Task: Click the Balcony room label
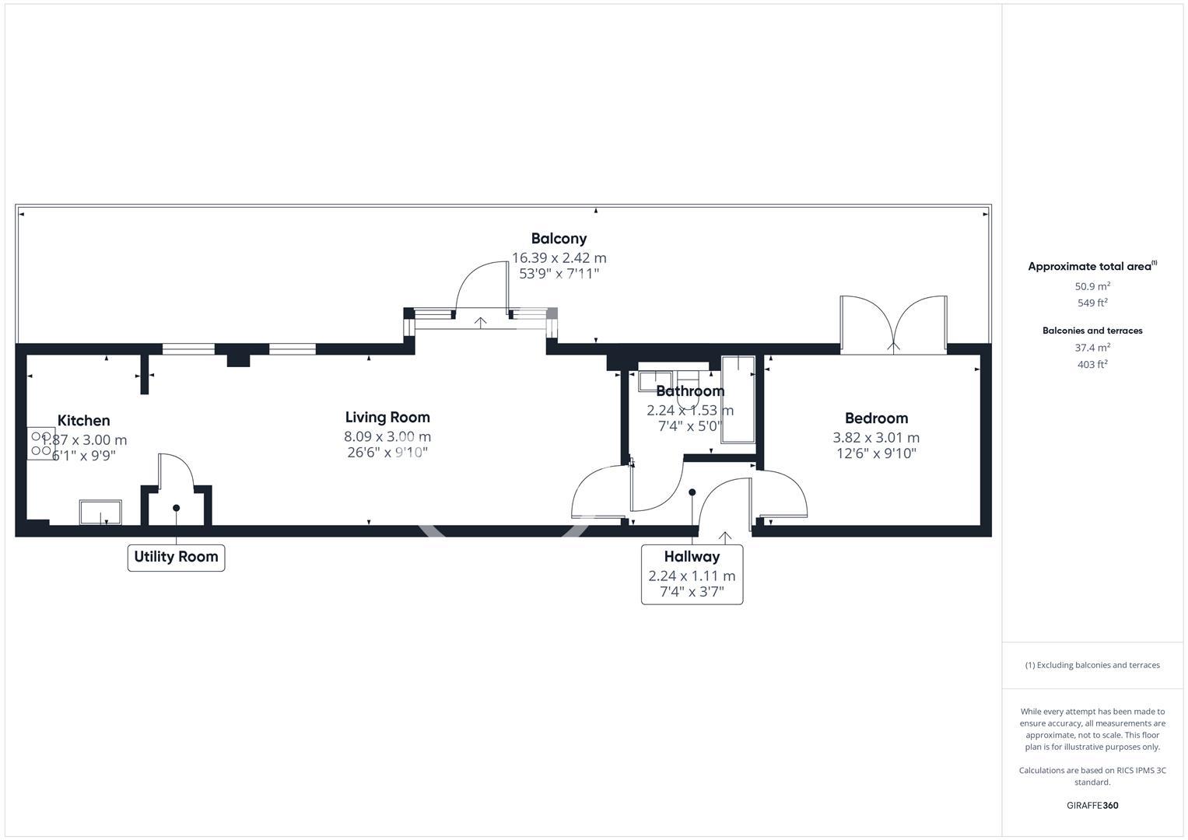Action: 559,239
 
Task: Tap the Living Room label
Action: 387,418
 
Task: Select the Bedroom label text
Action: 876,418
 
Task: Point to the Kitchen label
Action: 83,421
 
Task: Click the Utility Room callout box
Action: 176,557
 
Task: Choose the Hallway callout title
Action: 692,557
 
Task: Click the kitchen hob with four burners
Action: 41,443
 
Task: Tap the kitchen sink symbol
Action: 100,513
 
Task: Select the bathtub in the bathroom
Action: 738,400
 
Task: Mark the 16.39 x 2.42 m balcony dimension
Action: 559,257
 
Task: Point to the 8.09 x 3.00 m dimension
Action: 387,437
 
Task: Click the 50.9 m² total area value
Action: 1092,286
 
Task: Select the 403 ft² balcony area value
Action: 1092,365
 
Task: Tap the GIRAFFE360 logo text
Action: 1092,805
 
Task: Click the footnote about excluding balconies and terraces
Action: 1092,665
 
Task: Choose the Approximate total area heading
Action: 1089,267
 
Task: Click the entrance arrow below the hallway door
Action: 725,537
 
